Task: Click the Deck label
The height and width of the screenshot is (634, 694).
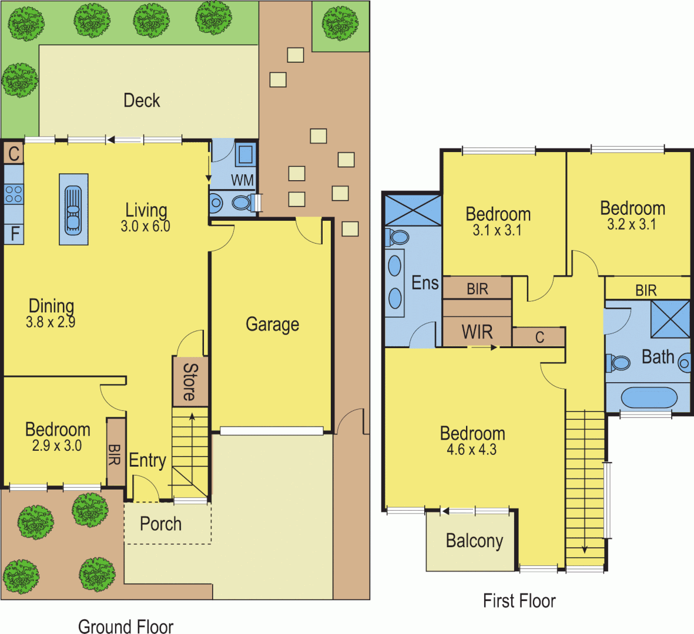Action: [x=142, y=100]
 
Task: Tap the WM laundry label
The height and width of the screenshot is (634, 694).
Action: [x=242, y=180]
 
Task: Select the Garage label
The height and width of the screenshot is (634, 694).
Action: [x=272, y=324]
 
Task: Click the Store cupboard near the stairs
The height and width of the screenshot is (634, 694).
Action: [x=190, y=382]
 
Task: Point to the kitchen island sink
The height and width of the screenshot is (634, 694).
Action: [x=73, y=209]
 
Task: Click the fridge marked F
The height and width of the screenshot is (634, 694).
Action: [x=15, y=234]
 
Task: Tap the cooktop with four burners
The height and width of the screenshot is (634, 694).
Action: [x=14, y=194]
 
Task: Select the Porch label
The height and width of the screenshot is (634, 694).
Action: [x=160, y=524]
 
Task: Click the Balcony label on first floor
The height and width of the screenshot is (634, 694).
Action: [x=474, y=540]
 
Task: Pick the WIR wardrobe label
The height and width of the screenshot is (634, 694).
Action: [x=477, y=332]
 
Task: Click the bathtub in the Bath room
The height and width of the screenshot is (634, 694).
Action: [x=649, y=397]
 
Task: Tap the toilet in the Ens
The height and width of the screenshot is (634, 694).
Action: [x=398, y=237]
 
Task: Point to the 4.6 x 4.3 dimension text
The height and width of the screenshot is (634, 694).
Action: [x=471, y=450]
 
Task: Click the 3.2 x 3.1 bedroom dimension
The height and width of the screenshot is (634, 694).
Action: [x=632, y=224]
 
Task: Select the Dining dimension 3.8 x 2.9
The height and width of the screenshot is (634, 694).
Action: [x=51, y=322]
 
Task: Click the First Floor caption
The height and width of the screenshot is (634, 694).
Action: [x=519, y=601]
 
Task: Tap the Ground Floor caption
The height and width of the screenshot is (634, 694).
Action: [x=126, y=626]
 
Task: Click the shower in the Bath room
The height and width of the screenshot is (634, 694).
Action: [x=670, y=319]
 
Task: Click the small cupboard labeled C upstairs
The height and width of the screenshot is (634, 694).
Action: [x=539, y=337]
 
